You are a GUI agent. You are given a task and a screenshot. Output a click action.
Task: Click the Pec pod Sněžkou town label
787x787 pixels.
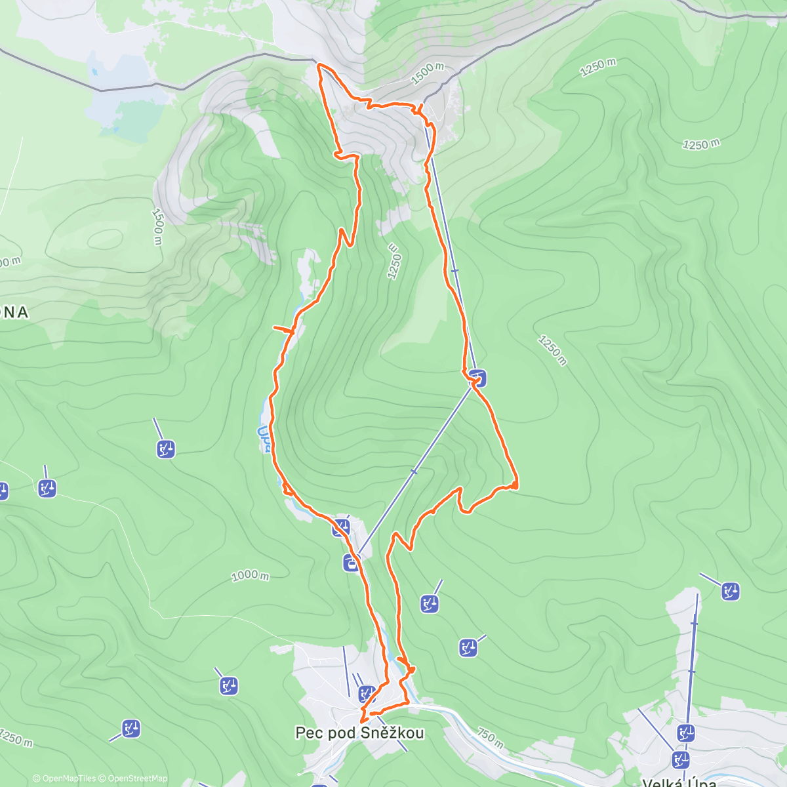pyautogui.click(x=359, y=733)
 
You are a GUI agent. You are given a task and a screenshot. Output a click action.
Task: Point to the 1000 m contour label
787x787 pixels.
pyautogui.click(x=250, y=576)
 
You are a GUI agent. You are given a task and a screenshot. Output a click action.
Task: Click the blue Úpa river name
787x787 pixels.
pyautogui.click(x=264, y=439)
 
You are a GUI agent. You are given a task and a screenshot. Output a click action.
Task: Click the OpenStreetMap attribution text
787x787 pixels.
pyautogui.click(x=138, y=778)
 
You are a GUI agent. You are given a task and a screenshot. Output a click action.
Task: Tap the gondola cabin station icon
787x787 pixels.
pyautogui.click(x=352, y=562)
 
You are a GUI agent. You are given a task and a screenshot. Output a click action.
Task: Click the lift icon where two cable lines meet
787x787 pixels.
pyautogui.click(x=478, y=378)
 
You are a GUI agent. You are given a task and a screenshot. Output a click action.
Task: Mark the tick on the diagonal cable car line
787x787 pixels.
pyautogui.click(x=414, y=472)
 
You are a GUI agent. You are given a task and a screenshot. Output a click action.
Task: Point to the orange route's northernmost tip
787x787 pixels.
pyautogui.click(x=319, y=65)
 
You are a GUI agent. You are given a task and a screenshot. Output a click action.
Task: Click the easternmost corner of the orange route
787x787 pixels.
pyautogui.click(x=517, y=484)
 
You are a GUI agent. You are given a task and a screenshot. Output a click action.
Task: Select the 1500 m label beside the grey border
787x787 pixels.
pyautogui.click(x=428, y=73)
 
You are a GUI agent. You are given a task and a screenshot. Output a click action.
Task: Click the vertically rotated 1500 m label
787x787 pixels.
pyautogui.click(x=157, y=226)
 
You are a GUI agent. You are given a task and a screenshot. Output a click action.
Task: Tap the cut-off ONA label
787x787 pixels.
pyautogui.click(x=14, y=312)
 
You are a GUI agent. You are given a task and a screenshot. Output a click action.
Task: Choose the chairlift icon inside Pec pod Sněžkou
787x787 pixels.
pyautogui.click(x=367, y=693)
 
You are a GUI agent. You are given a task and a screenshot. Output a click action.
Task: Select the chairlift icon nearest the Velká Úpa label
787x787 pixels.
pyautogui.click(x=680, y=760)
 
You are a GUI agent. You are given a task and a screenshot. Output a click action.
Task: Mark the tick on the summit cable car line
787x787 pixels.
pyautogui.click(x=454, y=270)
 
